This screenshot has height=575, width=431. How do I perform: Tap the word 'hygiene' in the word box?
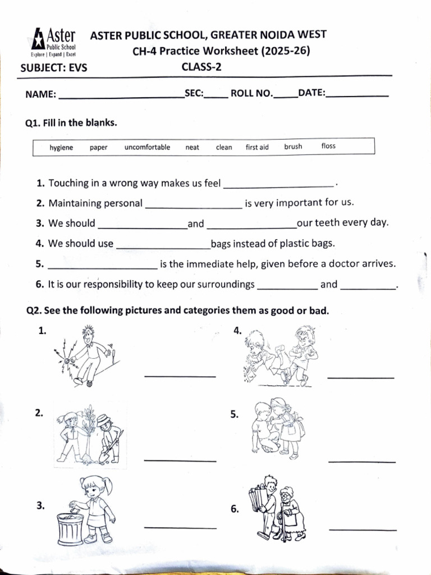(x=61, y=148)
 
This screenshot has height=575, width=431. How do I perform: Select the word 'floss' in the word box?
(x=328, y=146)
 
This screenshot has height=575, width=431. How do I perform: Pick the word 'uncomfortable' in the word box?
(x=147, y=148)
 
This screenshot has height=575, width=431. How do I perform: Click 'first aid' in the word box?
(x=257, y=148)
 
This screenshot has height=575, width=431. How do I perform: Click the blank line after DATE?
(x=357, y=96)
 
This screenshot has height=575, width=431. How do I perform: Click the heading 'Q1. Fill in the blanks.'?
(x=72, y=122)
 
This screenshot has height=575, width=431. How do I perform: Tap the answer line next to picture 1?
(x=180, y=376)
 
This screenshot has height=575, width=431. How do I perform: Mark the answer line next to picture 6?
(x=363, y=530)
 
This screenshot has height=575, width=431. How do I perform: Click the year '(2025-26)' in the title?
(x=285, y=51)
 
